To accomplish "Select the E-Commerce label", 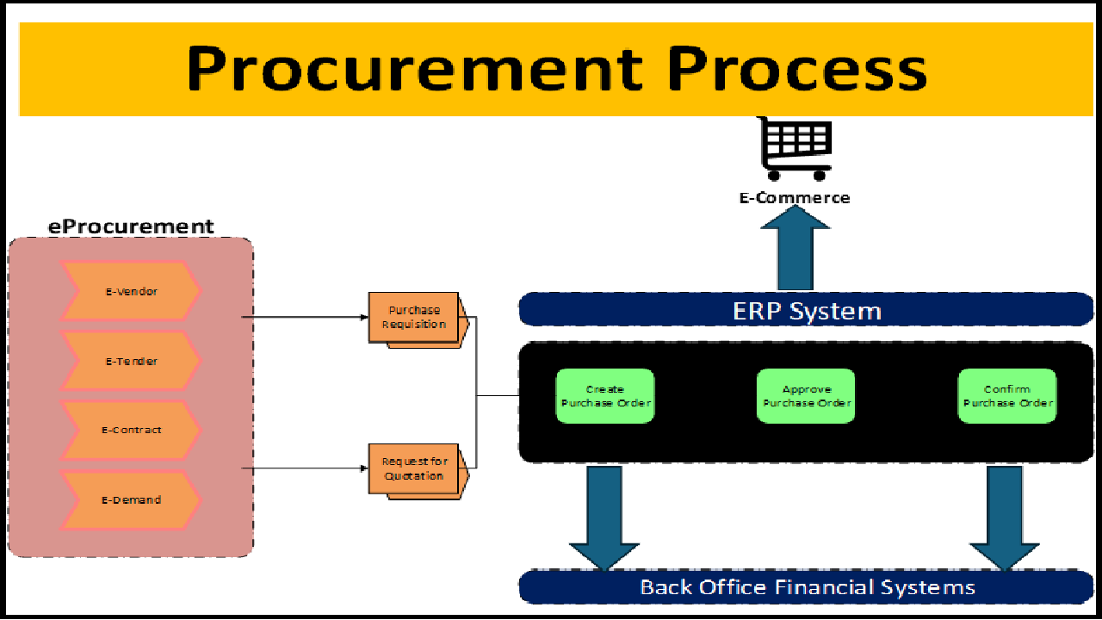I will click(x=795, y=198).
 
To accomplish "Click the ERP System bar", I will click(x=806, y=310).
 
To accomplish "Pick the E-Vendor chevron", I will click(x=131, y=292).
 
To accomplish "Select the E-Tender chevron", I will click(x=131, y=362).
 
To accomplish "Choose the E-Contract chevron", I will click(x=131, y=430).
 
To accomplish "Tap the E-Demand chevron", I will click(x=131, y=499).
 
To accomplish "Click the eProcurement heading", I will click(x=131, y=227).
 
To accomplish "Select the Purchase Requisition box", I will click(x=415, y=318).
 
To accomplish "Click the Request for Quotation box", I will click(x=415, y=469).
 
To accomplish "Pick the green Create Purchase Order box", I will click(x=605, y=396).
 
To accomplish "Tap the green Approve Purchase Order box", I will click(x=806, y=396).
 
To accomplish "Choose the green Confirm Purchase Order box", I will click(x=1007, y=396).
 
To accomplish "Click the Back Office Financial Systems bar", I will click(x=806, y=587).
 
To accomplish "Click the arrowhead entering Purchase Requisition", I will click(x=363, y=317).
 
